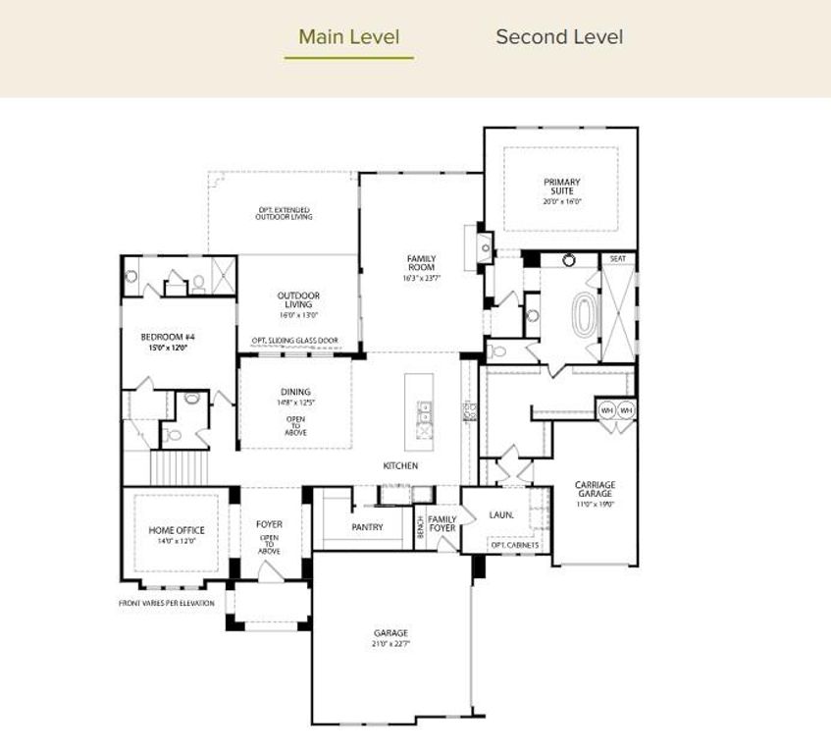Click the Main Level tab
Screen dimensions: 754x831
pos(348,37)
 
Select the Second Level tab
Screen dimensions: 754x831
pos(558,37)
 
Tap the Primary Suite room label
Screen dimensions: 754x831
pos(562,187)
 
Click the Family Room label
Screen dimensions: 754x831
pos(422,263)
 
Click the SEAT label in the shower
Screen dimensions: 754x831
pos(618,259)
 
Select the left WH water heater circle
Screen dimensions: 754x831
pos(606,409)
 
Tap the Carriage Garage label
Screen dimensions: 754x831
pos(596,489)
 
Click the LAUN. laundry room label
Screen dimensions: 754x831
pos(501,514)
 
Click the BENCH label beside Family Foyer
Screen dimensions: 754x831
pos(420,527)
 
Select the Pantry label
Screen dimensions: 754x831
pos(366,527)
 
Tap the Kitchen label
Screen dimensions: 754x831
pos(400,465)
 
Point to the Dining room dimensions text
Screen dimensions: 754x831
pos(295,403)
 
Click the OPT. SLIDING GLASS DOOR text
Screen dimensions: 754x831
pos(294,341)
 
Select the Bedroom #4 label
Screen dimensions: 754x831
pos(163,337)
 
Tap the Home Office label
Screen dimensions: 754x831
pos(177,530)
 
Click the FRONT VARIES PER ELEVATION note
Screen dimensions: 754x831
pos(167,603)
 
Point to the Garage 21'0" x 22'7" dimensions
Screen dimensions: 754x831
pos(390,644)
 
